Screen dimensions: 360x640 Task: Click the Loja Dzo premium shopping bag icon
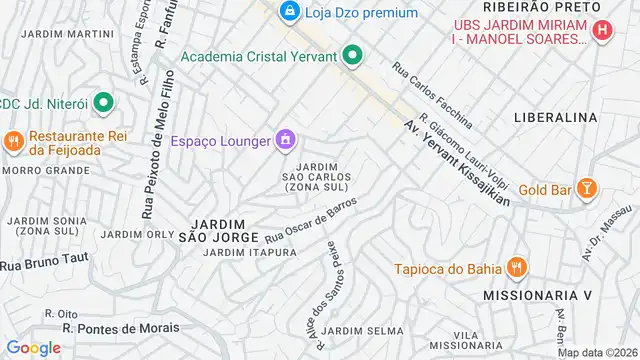289,12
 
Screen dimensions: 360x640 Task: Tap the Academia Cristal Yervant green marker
351,56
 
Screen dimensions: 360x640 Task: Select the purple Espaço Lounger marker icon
285,139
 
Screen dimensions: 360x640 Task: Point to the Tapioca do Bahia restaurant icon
516,267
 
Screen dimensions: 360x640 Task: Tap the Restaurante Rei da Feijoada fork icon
13,141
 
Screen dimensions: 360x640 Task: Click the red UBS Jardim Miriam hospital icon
602,31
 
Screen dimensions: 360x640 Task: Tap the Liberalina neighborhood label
555,117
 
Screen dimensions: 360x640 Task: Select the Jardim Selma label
364,330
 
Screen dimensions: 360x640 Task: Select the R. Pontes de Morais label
121,328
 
